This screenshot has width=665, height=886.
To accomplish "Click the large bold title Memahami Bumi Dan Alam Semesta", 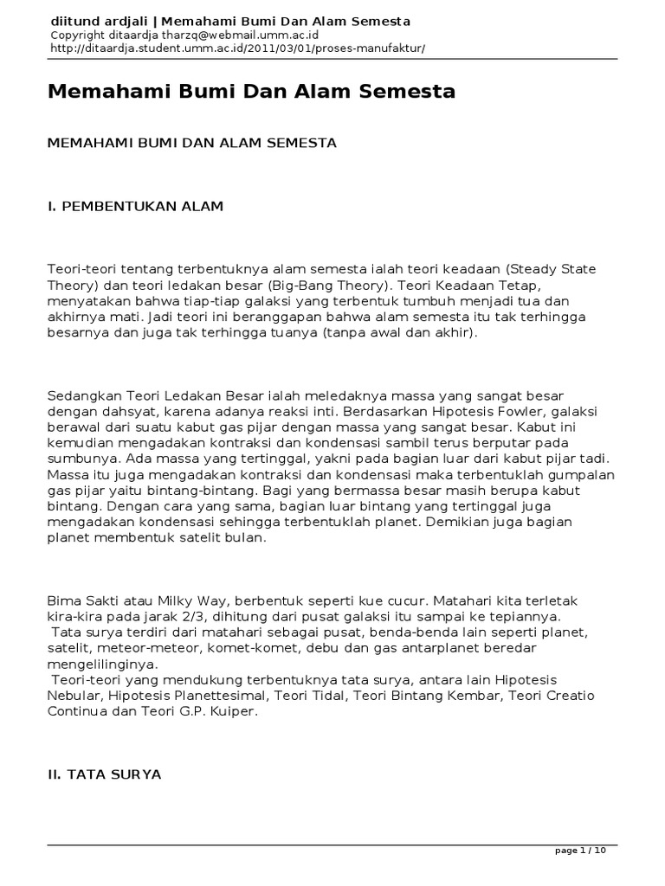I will [x=251, y=92].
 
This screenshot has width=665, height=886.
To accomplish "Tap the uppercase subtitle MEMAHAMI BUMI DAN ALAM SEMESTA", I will [x=191, y=143].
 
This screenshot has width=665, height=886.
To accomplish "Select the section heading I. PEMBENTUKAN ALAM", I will [x=135, y=206].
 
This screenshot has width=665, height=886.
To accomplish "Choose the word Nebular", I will [x=75, y=695].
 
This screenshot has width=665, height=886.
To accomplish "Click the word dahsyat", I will [x=114, y=411].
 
